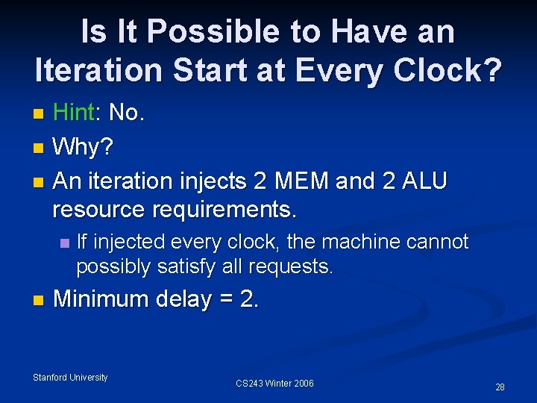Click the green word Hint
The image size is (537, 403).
point(74,113)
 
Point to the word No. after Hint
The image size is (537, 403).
point(127,113)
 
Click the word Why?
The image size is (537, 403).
point(84,147)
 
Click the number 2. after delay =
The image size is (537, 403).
point(249,299)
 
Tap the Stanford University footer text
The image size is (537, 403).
point(70,378)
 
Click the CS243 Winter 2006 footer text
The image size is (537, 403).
point(274,384)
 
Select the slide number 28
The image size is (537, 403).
point(500,387)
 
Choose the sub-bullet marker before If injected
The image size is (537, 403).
point(66,243)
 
